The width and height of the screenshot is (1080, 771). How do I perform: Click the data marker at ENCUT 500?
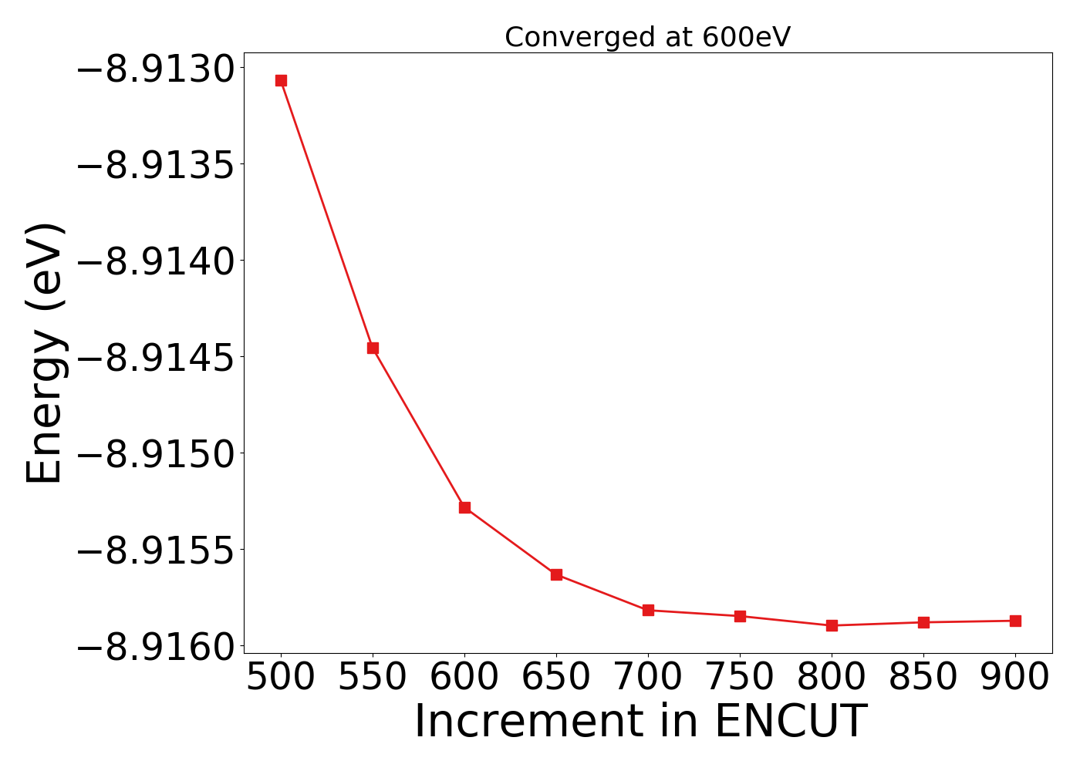[281, 80]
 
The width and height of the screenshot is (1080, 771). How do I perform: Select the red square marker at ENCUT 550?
[373, 348]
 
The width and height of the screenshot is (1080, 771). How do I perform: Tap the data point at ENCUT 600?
[464, 507]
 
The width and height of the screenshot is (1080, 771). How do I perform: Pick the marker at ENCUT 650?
[556, 574]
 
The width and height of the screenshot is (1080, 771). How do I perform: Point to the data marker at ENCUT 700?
[648, 610]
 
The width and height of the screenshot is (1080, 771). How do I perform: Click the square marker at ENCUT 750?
[740, 616]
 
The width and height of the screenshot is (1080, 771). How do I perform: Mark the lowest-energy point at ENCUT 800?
[832, 625]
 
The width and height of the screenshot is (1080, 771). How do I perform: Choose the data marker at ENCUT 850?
[923, 622]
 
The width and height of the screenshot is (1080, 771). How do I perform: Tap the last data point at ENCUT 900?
[1015, 621]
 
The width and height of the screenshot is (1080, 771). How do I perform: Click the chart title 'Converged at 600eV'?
[647, 37]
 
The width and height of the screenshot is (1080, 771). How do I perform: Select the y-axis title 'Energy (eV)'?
[44, 353]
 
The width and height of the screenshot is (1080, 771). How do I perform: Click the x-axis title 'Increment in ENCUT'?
[640, 722]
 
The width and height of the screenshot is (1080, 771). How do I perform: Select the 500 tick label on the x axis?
[281, 677]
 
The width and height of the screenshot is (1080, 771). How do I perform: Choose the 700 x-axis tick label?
[648, 677]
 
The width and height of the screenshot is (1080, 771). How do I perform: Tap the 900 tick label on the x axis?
[1015, 677]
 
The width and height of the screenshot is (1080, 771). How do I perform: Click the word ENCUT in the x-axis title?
[790, 722]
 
